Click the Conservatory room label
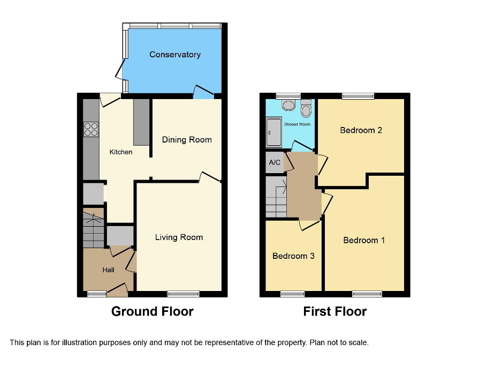(x=175, y=55)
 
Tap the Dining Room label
(x=187, y=140)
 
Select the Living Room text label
(x=179, y=237)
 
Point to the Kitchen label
(x=121, y=152)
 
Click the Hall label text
(x=109, y=270)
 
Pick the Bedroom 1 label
(x=364, y=240)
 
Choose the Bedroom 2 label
(x=361, y=130)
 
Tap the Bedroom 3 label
(x=293, y=256)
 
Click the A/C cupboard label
(x=275, y=162)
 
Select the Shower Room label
(x=297, y=124)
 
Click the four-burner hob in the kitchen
(x=91, y=129)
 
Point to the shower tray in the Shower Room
(x=273, y=132)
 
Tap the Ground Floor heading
(x=152, y=311)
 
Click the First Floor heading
(x=335, y=311)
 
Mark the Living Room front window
(x=183, y=294)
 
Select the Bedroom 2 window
(x=358, y=96)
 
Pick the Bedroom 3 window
(x=292, y=294)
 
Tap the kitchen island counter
(x=141, y=122)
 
